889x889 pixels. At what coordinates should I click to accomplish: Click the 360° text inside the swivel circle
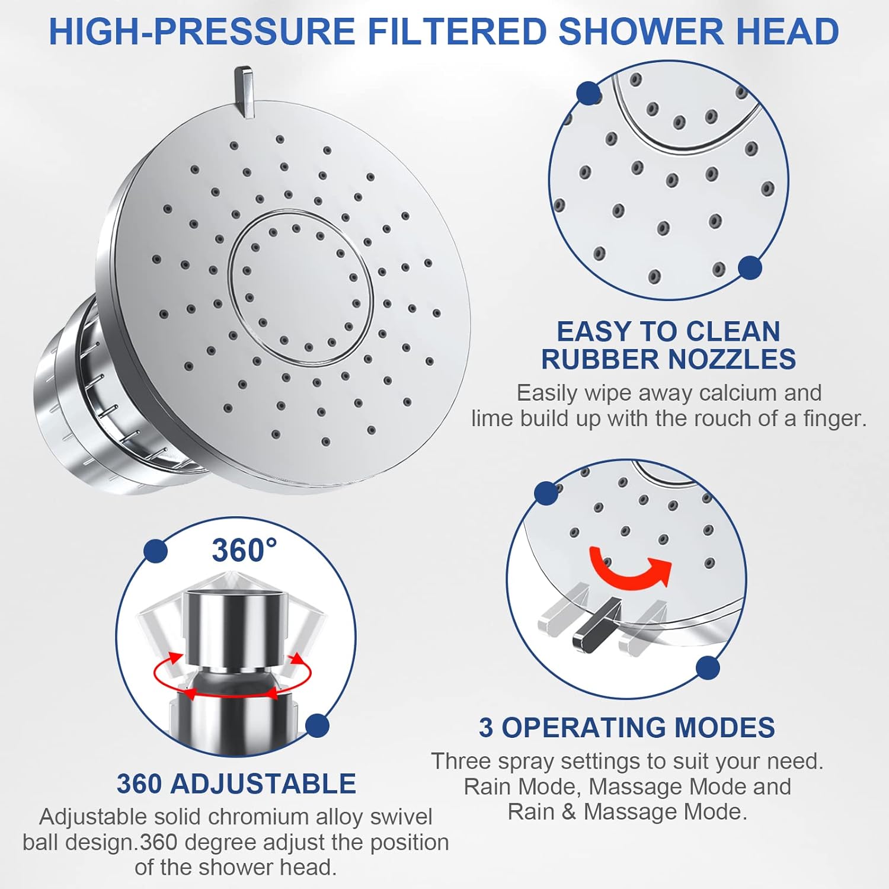(244, 550)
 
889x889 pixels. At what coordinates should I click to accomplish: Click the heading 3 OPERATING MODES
(627, 728)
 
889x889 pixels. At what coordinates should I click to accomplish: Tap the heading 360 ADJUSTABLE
(236, 784)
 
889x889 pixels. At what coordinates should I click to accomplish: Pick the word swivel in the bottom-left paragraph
(401, 817)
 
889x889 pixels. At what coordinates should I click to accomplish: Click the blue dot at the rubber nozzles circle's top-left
(588, 93)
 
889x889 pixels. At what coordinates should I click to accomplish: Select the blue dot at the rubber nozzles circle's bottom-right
(750, 268)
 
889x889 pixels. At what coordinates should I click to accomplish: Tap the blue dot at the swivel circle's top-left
(155, 551)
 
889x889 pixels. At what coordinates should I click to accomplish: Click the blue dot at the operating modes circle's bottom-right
(708, 668)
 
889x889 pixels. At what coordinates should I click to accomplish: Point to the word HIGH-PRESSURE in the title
(202, 31)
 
